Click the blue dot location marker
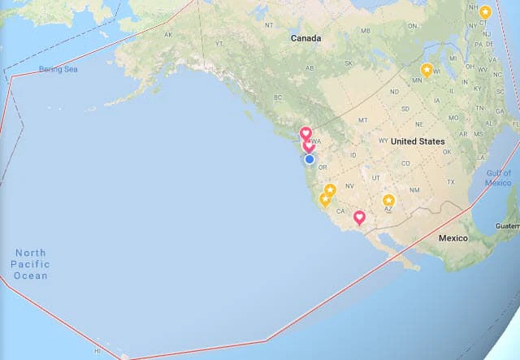pos(310,159)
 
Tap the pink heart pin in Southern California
pos(359,217)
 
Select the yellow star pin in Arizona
pos(388,201)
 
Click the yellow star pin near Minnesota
pos(427,70)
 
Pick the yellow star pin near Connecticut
pos(485,12)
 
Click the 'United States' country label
pos(418,141)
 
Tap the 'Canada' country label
pos(306,38)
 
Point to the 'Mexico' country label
pos(453,239)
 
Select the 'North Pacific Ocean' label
pos(31,264)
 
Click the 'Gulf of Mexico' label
pos(499,178)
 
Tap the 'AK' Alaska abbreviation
pos(168,35)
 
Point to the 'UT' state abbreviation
pos(375,177)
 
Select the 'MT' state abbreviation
pos(363,120)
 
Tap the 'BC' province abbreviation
pos(276,98)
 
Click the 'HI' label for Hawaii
pos(97,351)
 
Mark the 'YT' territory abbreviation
pos(219,42)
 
